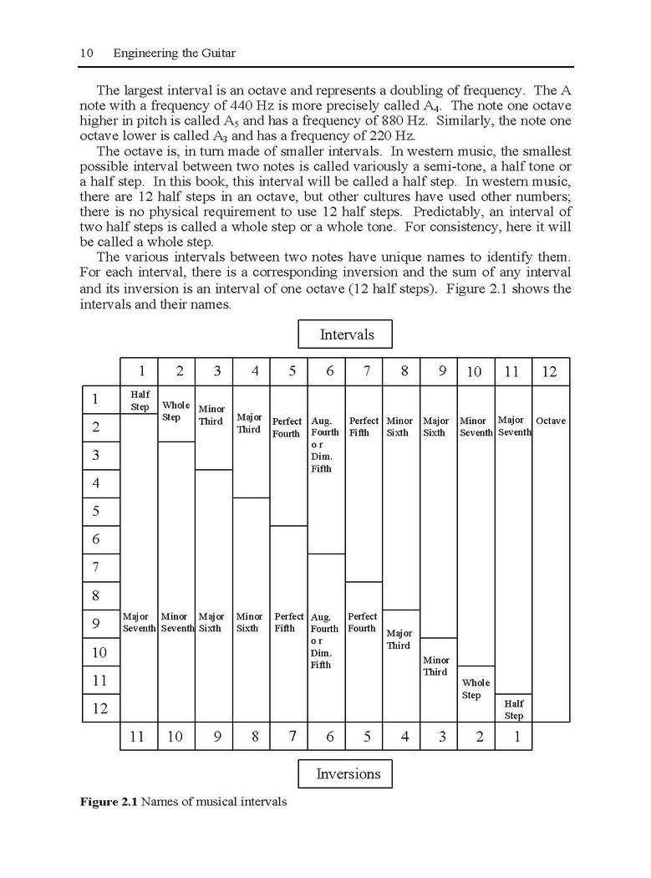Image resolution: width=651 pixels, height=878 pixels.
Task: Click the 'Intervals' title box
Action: pyautogui.click(x=345, y=334)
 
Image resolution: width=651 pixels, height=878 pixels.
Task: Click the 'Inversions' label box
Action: pyautogui.click(x=345, y=773)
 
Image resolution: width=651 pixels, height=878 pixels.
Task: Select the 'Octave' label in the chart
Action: pyautogui.click(x=551, y=421)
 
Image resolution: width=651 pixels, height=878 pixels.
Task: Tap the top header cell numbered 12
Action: pyautogui.click(x=549, y=371)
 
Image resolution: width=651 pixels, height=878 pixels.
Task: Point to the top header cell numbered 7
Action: pyautogui.click(x=366, y=371)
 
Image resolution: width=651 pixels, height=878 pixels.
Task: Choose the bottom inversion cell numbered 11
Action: pyautogui.click(x=138, y=736)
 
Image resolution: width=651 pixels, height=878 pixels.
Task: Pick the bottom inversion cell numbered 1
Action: pyautogui.click(x=516, y=736)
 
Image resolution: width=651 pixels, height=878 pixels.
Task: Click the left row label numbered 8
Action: pyautogui.click(x=95, y=595)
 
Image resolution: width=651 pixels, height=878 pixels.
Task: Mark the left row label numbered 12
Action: pyautogui.click(x=99, y=708)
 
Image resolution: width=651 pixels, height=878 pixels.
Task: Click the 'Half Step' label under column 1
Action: pyautogui.click(x=140, y=400)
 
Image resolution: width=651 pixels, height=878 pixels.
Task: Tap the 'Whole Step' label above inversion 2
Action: pyautogui.click(x=476, y=689)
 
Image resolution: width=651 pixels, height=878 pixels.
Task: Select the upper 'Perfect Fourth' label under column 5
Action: pyautogui.click(x=287, y=427)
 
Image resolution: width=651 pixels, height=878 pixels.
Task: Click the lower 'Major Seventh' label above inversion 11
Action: pyautogui.click(x=140, y=622)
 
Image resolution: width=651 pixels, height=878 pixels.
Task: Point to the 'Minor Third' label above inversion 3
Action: pyautogui.click(x=435, y=666)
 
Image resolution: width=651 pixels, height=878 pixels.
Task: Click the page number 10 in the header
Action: pyautogui.click(x=86, y=54)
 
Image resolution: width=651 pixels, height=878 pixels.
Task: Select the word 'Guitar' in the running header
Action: pyautogui.click(x=216, y=54)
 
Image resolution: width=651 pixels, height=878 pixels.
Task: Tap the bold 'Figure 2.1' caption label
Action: pyautogui.click(x=109, y=802)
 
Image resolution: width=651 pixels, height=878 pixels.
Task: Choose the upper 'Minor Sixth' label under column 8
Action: pyautogui.click(x=399, y=426)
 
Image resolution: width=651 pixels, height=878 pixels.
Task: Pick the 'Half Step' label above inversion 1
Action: pyautogui.click(x=513, y=709)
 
